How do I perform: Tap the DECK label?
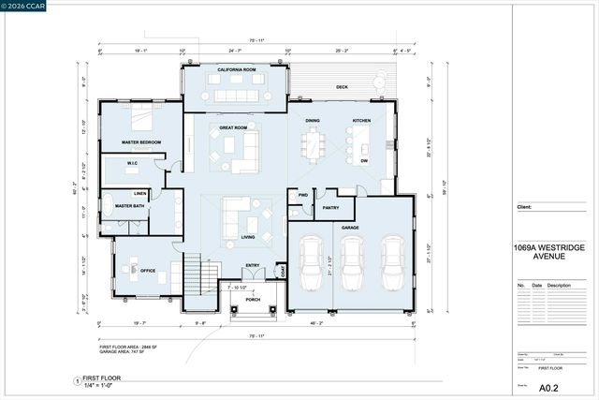coord(342,87)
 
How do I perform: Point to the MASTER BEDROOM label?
coord(140,142)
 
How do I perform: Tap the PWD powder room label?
coord(302,195)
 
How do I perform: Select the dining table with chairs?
coord(312,146)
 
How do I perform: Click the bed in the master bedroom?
coord(139,119)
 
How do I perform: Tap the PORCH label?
coord(252,300)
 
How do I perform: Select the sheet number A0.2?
coord(551,386)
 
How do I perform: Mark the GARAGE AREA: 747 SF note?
coord(125,352)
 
